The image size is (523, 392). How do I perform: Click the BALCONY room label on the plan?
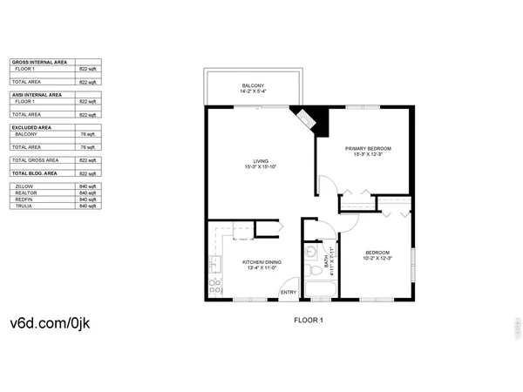[x=253, y=85]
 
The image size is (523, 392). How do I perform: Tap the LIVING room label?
[x=260, y=161]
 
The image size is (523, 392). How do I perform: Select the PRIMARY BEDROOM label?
[x=363, y=149]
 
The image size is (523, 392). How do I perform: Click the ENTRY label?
[x=289, y=292]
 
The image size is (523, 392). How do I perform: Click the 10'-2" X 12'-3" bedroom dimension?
[x=377, y=258]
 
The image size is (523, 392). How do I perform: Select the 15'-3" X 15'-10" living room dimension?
[x=260, y=167]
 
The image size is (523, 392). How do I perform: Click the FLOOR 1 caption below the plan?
[x=309, y=321]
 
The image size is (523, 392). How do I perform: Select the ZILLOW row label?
[x=24, y=186]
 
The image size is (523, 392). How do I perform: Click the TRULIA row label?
[x=24, y=206]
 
